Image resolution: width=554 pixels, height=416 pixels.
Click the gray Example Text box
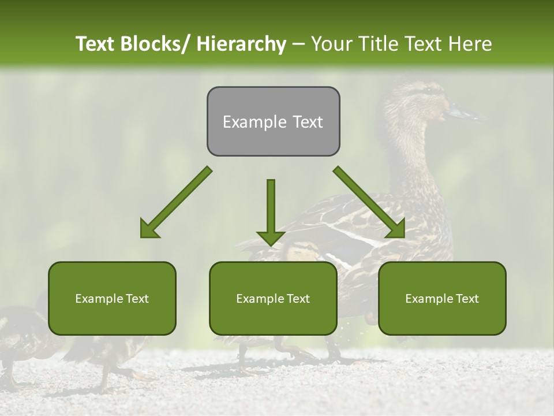(273, 121)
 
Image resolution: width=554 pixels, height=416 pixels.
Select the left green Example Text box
(112, 298)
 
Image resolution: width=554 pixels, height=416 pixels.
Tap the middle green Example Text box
(273, 298)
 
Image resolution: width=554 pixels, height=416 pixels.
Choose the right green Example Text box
(442, 298)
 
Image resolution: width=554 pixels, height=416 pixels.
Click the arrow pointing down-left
(177, 202)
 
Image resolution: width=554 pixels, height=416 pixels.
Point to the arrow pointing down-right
(369, 202)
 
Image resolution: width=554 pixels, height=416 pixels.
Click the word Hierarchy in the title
(241, 44)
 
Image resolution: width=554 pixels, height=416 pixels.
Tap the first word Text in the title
(95, 44)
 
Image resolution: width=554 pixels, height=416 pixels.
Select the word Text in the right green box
(466, 298)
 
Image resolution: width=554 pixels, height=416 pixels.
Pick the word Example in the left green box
(99, 299)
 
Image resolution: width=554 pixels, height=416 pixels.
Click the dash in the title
(298, 44)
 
